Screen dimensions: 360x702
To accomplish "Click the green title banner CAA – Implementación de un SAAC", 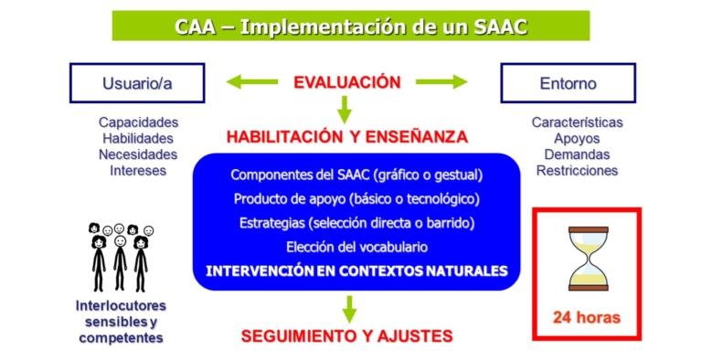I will [350, 26].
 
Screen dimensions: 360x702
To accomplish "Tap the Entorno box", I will [568, 83].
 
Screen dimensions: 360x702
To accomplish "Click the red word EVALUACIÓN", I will [346, 82].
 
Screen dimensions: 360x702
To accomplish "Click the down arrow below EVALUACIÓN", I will [345, 110].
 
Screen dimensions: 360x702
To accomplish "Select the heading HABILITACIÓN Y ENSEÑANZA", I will [347, 137].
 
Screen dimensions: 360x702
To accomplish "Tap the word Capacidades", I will [138, 122].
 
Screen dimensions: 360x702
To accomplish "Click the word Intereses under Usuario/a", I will [138, 170].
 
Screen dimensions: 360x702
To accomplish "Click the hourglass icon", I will [587, 258].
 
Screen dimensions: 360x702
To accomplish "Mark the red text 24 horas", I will [586, 318].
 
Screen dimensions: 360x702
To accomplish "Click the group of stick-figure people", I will [120, 256].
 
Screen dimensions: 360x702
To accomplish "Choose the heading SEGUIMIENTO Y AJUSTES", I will [346, 336].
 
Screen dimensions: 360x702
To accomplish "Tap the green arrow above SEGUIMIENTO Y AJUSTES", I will [348, 307].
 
